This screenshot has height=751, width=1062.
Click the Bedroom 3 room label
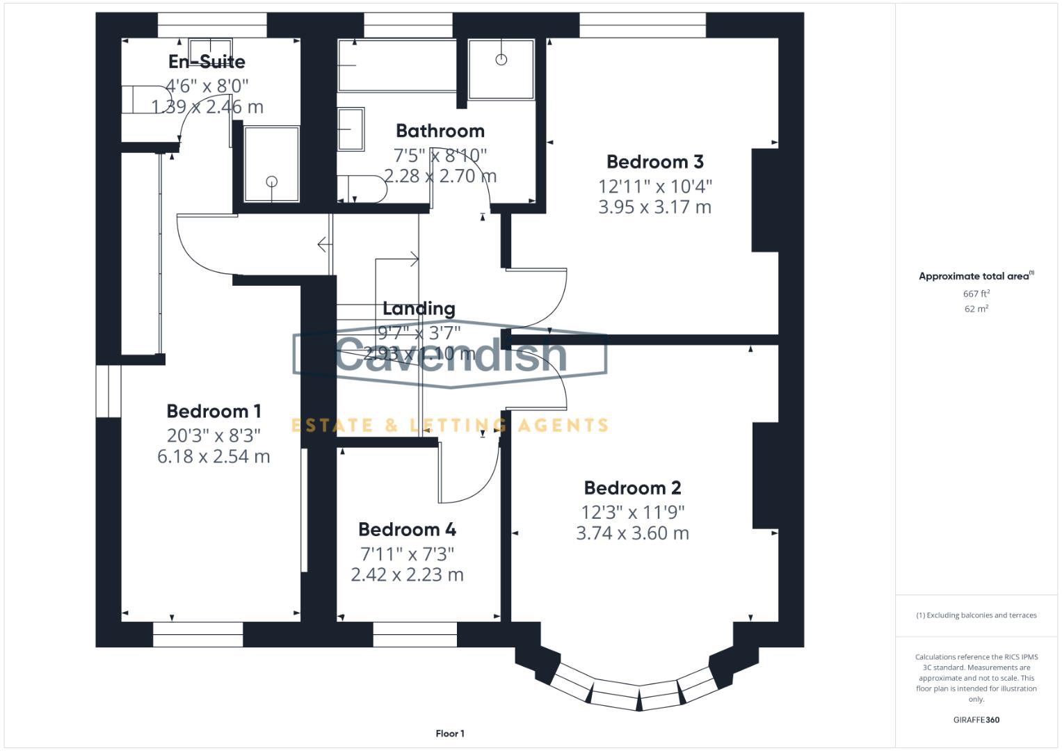[654, 162]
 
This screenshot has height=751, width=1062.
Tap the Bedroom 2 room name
[632, 488]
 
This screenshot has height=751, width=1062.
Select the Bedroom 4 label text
[407, 530]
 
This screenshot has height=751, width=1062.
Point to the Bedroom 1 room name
[214, 412]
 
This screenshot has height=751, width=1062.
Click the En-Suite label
[207, 62]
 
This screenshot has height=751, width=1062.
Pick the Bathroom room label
[440, 131]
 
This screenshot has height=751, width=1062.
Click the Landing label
[419, 309]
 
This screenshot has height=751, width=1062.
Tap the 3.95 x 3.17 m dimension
[654, 207]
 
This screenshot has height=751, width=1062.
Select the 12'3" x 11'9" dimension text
[633, 512]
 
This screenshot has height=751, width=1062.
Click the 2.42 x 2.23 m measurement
[407, 575]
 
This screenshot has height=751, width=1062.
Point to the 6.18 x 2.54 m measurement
[214, 457]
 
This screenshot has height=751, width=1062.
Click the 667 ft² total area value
[976, 294]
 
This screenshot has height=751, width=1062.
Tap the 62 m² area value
[976, 309]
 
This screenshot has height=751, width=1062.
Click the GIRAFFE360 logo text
[976, 720]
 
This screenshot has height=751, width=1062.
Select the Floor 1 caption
[450, 734]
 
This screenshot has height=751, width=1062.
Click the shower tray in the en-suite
[271, 165]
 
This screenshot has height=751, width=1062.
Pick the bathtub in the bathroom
[397, 66]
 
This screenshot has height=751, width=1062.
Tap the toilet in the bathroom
[362, 188]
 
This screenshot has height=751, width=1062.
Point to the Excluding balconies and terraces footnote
[976, 615]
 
